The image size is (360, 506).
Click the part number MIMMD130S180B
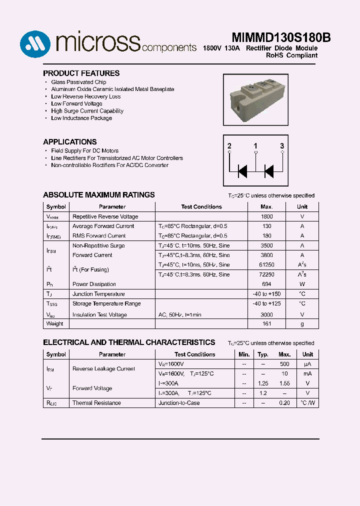point(281,38)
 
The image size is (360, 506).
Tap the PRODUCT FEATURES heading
point(81,73)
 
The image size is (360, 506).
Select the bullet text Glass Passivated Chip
point(78,82)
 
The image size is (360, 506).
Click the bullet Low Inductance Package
point(81,118)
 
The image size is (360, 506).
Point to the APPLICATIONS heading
point(69,141)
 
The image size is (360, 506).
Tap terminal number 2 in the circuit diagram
point(229,146)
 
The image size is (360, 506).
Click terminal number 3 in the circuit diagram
point(282,146)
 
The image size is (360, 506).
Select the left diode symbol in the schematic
point(242,171)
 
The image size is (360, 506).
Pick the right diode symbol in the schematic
point(268,171)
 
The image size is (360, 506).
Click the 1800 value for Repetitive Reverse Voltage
point(266,216)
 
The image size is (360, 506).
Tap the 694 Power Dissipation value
point(266,284)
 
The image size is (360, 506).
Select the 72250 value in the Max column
point(266,274)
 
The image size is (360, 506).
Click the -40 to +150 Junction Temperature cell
point(266,294)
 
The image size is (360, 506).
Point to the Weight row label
point(55,323)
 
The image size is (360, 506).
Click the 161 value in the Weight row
point(266,323)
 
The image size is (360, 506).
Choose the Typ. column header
point(263,354)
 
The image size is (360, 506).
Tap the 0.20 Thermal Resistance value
point(284,403)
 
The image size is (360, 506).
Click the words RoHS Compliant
point(291,55)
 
